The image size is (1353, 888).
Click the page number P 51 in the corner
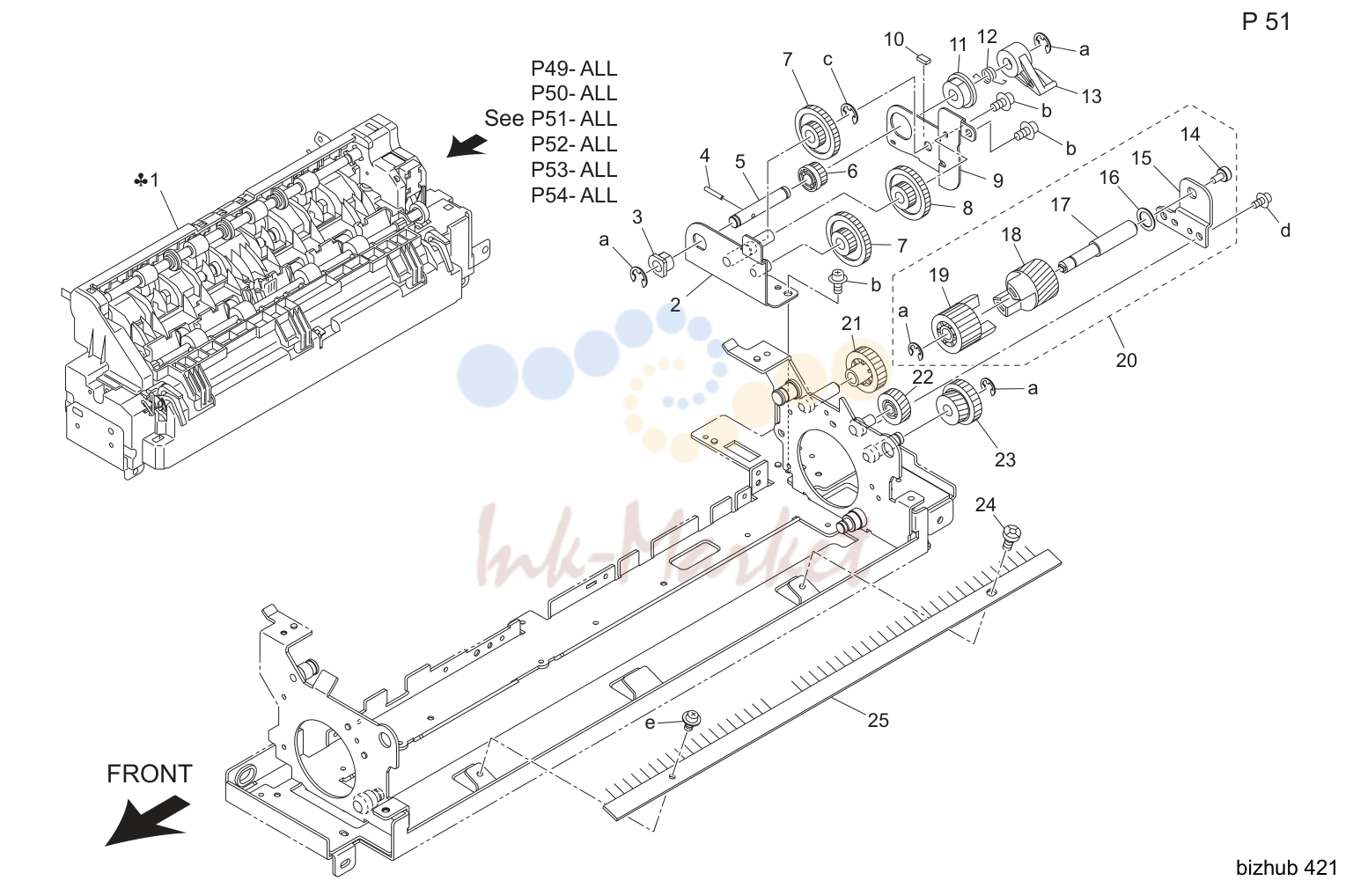1266,22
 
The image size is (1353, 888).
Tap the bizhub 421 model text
1287,868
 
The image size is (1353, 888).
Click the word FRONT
149,774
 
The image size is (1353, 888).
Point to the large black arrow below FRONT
147,820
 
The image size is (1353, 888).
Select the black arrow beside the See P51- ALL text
467,145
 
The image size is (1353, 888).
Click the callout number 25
879,720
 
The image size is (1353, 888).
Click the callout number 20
1126,360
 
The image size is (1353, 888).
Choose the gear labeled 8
906,193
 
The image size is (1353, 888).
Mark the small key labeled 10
924,58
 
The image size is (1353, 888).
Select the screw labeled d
1260,201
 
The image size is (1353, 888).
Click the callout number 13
1092,96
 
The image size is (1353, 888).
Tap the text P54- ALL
574,195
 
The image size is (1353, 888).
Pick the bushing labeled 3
659,264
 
